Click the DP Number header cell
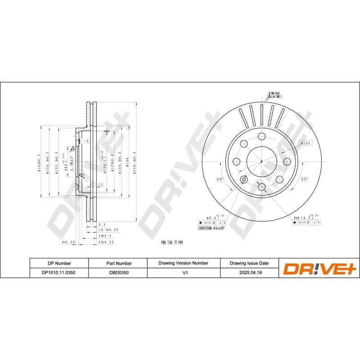59,263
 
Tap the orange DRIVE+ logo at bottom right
319,268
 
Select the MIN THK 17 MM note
172,243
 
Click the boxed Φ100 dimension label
306,143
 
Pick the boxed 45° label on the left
220,180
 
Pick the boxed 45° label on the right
304,179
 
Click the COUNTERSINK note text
211,229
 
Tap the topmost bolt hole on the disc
261,137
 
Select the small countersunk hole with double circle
244,180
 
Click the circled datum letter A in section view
107,123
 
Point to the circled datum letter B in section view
87,142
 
